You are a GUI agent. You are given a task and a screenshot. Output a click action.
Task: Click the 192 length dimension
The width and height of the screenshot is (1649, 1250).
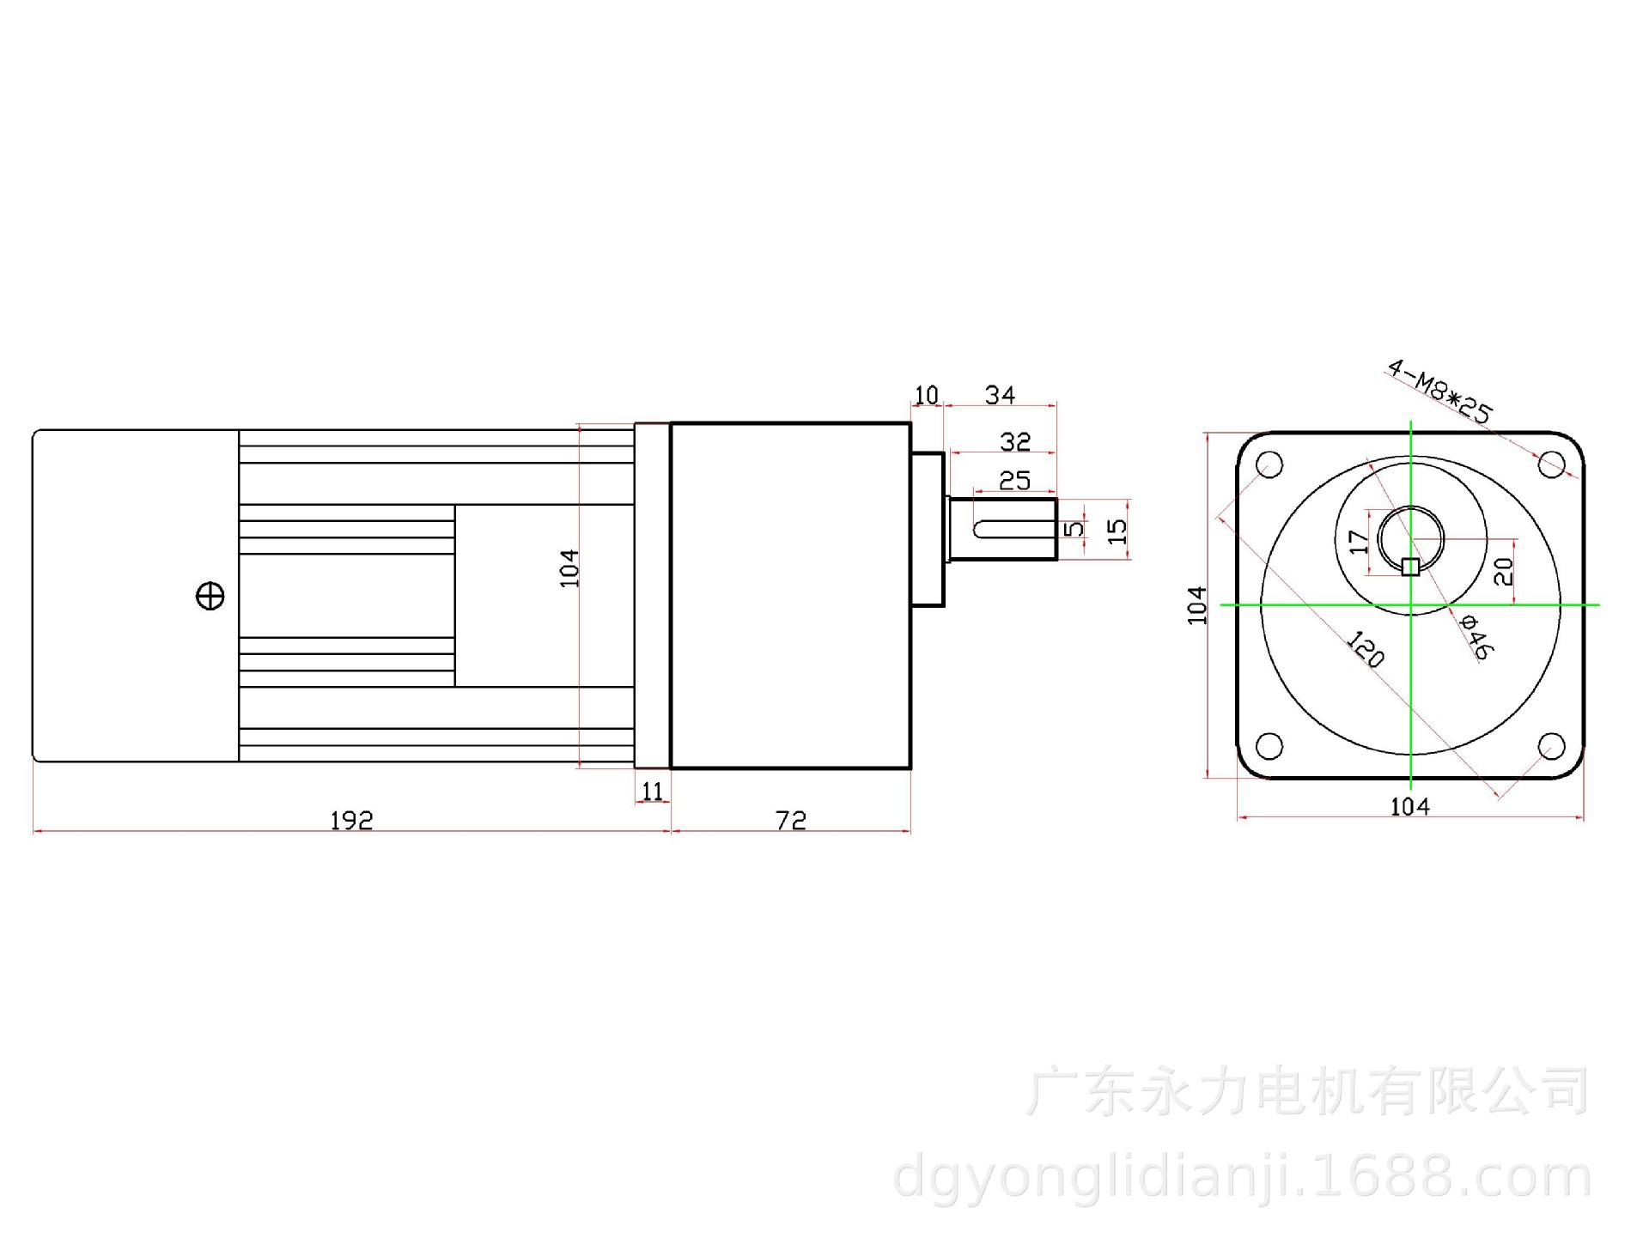click(x=351, y=821)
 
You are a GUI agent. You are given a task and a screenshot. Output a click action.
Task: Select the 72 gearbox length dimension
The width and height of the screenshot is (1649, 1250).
click(x=791, y=821)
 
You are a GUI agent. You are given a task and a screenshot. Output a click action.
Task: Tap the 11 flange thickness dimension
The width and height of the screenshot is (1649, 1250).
click(x=653, y=791)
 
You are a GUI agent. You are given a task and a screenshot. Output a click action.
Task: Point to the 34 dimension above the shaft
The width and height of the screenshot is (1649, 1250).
click(x=1001, y=395)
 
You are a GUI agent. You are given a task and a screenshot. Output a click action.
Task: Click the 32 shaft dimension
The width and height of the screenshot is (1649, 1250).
click(x=1015, y=442)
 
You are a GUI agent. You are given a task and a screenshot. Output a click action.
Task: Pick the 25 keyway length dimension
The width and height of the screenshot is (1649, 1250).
click(x=1014, y=481)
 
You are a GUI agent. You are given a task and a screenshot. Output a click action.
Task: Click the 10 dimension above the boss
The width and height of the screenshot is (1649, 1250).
click(x=927, y=395)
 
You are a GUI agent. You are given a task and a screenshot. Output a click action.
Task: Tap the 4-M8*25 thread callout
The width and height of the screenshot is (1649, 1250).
click(x=1439, y=391)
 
